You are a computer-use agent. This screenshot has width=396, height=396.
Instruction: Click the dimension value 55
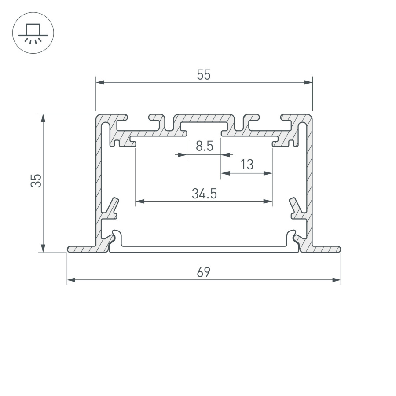pyautogui.click(x=204, y=75)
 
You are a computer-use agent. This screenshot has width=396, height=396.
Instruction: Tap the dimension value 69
pyautogui.click(x=203, y=273)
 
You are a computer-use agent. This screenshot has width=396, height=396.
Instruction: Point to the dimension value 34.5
pyautogui.click(x=204, y=194)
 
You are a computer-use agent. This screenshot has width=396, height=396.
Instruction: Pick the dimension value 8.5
pyautogui.click(x=205, y=146)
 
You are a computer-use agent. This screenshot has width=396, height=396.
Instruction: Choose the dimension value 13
pyautogui.click(x=247, y=165)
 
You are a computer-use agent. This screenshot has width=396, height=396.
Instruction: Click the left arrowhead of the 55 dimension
pyautogui.click(x=100, y=82)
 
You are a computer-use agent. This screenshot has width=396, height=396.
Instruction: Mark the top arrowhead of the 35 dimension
pyautogui.click(x=43, y=117)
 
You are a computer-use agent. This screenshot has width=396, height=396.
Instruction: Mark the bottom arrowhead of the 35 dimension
pyautogui.click(x=43, y=249)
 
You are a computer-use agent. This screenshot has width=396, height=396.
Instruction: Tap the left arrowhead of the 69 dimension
pyautogui.click(x=71, y=280)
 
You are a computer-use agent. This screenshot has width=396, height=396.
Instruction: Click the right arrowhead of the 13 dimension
pyautogui.click(x=268, y=173)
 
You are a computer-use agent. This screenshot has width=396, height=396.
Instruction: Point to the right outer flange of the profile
pyautogui.click(x=323, y=249)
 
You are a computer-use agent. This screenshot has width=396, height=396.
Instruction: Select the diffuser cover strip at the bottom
pyautogui.click(x=204, y=249)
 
